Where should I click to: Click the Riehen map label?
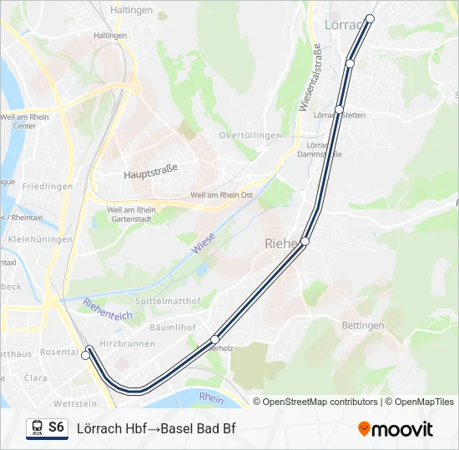pos(282,243)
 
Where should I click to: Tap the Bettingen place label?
pos(363,325)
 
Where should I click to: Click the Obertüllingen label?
pos(244,135)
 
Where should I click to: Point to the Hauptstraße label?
pos(151,175)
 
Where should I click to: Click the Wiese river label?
pos(202,243)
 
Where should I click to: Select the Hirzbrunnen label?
pos(127,342)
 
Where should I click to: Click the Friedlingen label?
pos(48,187)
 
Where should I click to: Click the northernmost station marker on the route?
pos(371,18)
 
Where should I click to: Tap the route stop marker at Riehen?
pos(305,241)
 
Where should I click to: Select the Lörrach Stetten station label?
pos(340,115)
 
